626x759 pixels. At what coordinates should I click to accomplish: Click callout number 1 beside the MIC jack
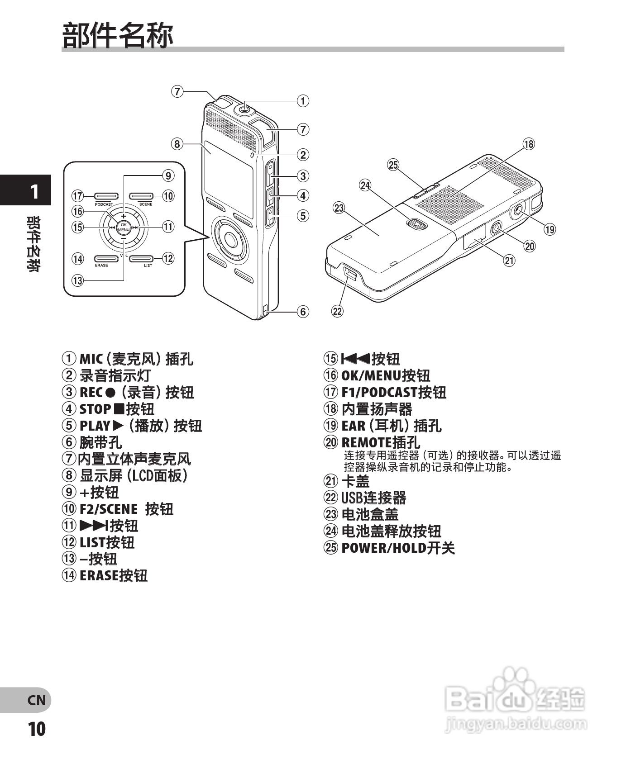click(x=303, y=100)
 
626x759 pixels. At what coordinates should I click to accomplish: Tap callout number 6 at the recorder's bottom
click(x=303, y=311)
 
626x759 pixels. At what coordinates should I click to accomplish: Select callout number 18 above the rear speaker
click(x=528, y=144)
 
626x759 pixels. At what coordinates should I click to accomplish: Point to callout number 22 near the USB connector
click(x=338, y=311)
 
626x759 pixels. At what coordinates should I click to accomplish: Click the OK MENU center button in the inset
click(x=124, y=227)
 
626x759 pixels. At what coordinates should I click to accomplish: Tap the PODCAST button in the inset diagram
click(x=106, y=196)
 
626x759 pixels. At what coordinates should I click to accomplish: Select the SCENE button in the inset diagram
click(x=142, y=196)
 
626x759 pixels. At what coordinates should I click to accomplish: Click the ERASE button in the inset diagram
click(x=106, y=258)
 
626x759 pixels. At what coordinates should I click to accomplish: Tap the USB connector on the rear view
click(x=349, y=273)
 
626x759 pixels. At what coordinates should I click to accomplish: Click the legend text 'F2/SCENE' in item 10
click(x=108, y=509)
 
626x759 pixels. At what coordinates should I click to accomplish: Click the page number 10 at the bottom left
click(x=37, y=729)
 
